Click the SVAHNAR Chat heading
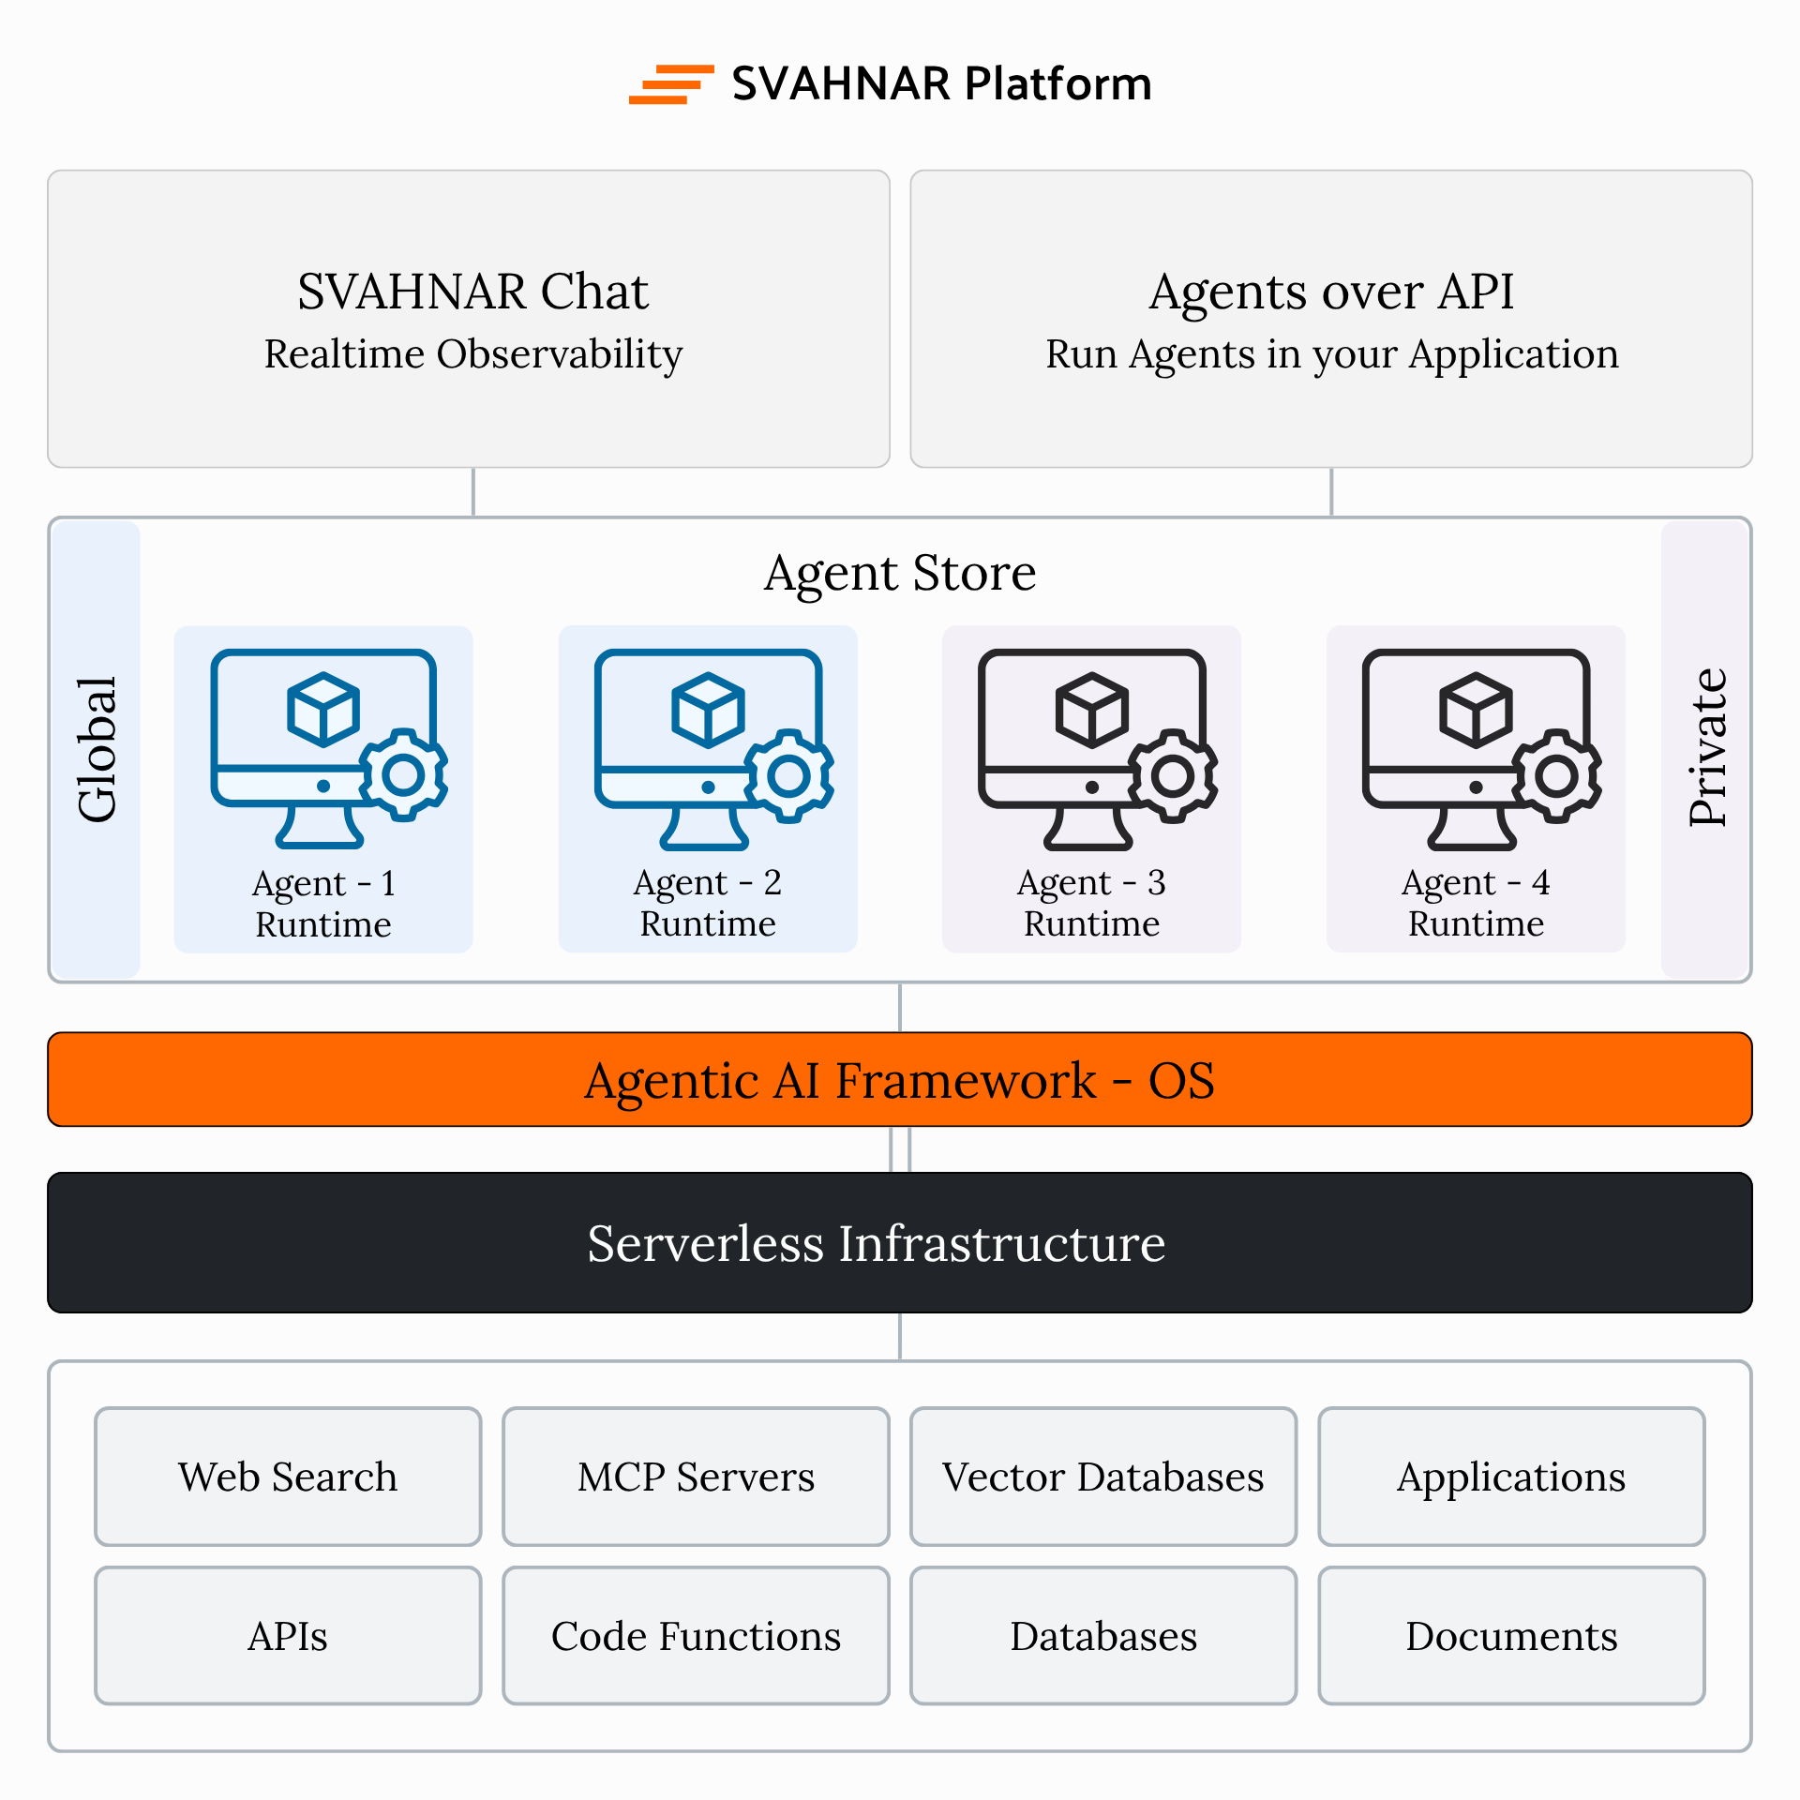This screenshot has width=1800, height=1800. point(472,292)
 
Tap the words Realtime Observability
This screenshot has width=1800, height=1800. point(472,354)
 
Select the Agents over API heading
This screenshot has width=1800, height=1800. point(1331,292)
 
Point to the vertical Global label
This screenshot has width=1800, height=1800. point(97,749)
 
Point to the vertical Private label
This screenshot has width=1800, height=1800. point(1706,747)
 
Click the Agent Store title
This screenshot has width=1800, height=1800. point(900,573)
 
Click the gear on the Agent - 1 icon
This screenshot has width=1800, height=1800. point(404,774)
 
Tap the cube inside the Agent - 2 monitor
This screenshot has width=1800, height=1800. point(708,710)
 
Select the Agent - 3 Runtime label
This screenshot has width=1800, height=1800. point(1091,903)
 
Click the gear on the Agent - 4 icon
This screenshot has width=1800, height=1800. point(1557,775)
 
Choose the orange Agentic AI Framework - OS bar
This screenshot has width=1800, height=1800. point(900,1080)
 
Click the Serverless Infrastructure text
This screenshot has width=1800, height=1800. point(876,1244)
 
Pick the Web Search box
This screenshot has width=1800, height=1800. point(288,1477)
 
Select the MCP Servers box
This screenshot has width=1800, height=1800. point(696,1477)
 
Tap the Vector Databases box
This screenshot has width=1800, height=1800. point(1103,1477)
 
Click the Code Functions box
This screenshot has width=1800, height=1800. point(696,1636)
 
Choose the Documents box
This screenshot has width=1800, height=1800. point(1511,1636)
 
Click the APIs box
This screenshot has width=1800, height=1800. point(288,1636)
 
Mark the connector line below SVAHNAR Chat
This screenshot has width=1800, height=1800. point(473,492)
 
